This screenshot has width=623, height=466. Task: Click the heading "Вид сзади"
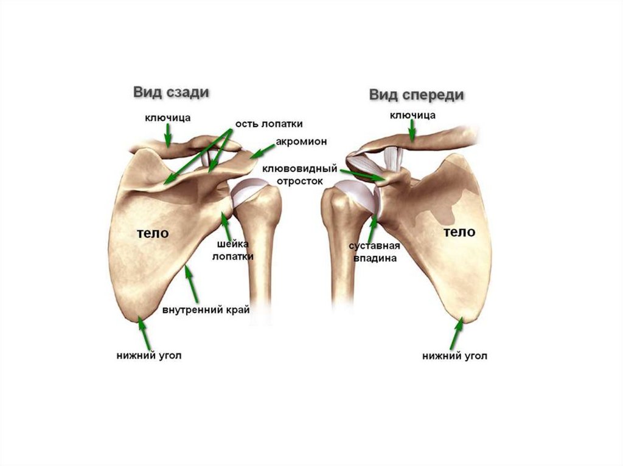[x=172, y=92]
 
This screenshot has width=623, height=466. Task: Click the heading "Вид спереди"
[x=417, y=95]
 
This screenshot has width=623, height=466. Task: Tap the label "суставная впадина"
[x=374, y=252]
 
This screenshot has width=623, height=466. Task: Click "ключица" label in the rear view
[x=168, y=115]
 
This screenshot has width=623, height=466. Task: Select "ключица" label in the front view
[x=412, y=114]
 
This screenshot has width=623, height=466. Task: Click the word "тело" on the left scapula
[x=152, y=233]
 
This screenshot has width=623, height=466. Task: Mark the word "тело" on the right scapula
[x=459, y=231]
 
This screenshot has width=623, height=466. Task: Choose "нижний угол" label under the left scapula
[x=148, y=355]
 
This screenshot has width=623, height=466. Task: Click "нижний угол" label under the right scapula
[x=454, y=355]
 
